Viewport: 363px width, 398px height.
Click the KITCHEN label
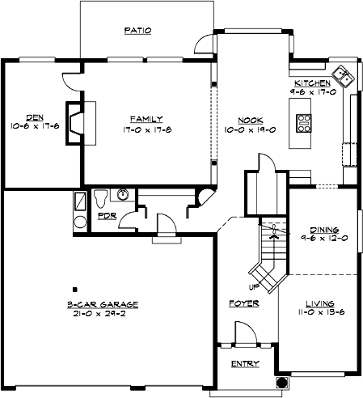[312, 83]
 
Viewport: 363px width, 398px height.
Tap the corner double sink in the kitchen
[345, 77]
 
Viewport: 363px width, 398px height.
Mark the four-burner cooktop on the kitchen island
[306, 122]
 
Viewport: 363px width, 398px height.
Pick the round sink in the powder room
[123, 193]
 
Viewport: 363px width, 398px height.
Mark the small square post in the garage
[74, 289]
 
